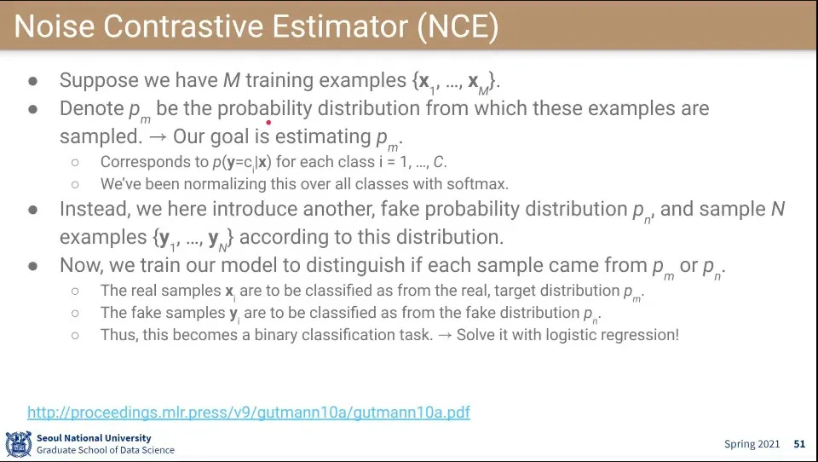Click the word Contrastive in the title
click(x=185, y=26)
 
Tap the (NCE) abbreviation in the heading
click(x=458, y=27)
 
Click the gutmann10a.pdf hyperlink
click(x=249, y=413)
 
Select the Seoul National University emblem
click(x=19, y=444)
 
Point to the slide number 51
click(x=800, y=444)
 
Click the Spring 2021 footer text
click(x=752, y=444)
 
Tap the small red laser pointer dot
click(x=268, y=123)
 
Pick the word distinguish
click(x=356, y=265)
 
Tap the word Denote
click(x=91, y=108)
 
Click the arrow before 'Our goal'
click(x=157, y=137)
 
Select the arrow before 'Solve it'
click(x=445, y=335)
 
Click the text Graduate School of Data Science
click(x=106, y=450)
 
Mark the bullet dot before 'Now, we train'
click(x=33, y=266)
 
